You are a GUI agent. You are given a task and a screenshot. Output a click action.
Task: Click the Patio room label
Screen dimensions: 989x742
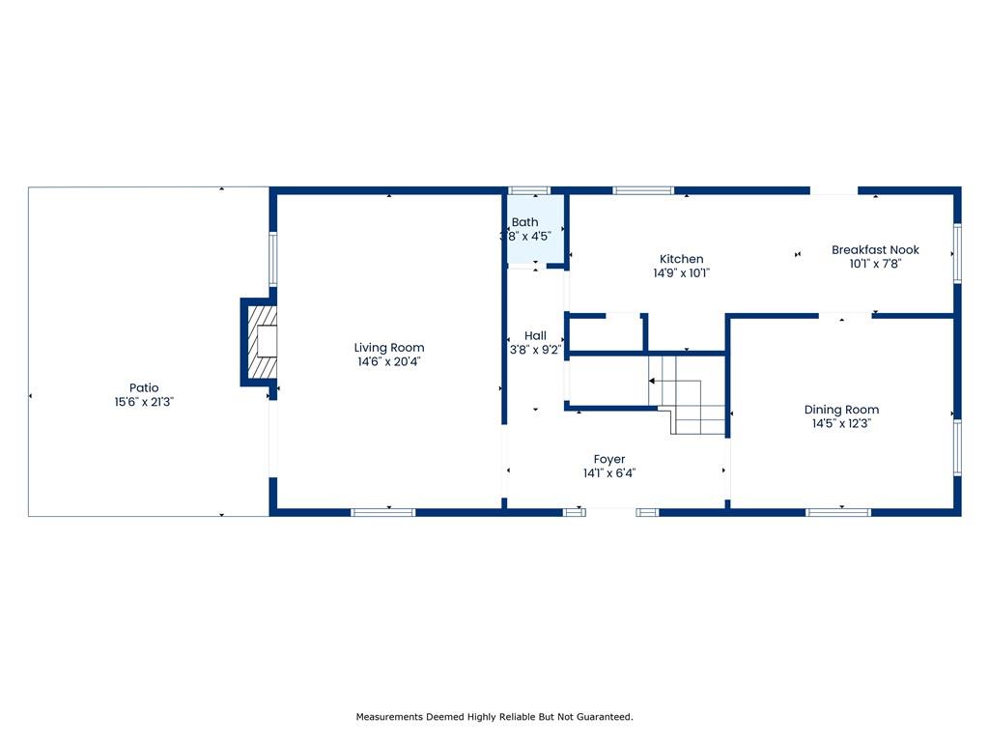point(144,387)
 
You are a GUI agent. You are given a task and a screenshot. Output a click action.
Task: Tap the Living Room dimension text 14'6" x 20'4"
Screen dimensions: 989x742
point(388,361)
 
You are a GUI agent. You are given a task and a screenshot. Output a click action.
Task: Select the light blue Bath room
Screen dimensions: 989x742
point(535,229)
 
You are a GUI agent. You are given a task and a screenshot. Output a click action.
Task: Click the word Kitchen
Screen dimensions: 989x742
point(681,259)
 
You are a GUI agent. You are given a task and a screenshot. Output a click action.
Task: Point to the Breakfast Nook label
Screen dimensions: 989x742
point(875,250)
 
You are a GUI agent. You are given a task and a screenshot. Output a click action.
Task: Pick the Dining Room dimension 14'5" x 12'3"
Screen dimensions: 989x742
point(841,423)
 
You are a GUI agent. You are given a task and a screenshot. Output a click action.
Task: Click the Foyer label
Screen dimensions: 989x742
point(609,459)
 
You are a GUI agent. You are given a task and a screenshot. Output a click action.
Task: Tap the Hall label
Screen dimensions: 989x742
point(535,335)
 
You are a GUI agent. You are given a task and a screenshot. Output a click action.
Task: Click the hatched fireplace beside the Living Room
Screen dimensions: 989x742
point(262,341)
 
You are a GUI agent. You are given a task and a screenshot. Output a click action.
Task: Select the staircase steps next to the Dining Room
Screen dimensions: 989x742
point(688,394)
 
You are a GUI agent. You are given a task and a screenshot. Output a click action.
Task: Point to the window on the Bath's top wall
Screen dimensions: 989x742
point(529,190)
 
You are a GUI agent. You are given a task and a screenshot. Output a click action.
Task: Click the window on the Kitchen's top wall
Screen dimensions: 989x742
point(643,190)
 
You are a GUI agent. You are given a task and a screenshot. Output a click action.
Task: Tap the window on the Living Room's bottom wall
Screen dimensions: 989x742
point(382,512)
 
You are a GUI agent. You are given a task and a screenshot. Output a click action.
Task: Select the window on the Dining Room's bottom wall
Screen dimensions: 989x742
point(838,512)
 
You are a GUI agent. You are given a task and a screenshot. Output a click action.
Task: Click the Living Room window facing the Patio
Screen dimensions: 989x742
point(273,259)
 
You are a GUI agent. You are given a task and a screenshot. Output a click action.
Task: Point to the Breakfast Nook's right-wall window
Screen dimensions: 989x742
point(957,253)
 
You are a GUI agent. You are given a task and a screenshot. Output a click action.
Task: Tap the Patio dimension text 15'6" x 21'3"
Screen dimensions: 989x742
point(144,402)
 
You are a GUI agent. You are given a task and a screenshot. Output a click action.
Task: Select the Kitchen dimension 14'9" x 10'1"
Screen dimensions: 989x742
point(681,273)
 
